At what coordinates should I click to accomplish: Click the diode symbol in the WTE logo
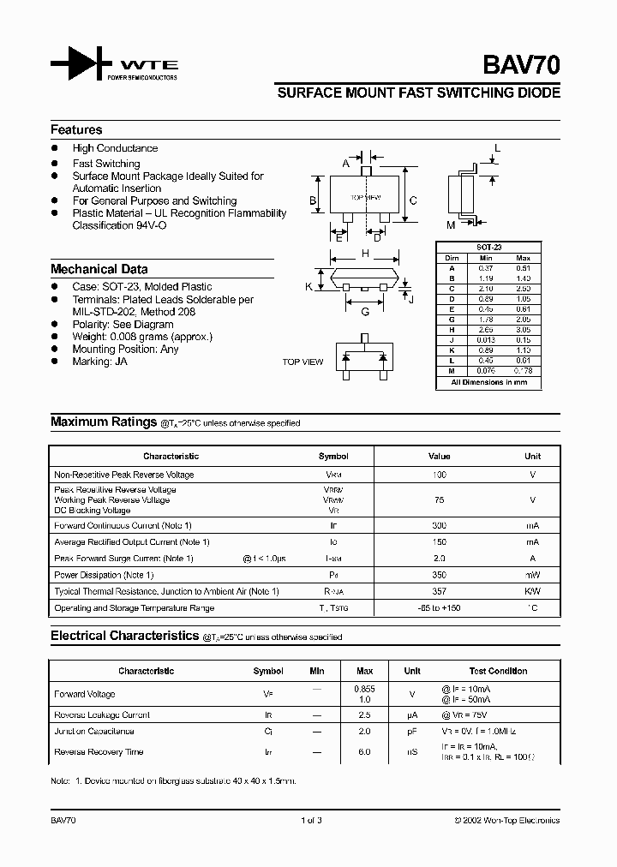point(81,64)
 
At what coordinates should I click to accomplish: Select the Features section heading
point(76,130)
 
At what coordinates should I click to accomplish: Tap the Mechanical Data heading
point(99,269)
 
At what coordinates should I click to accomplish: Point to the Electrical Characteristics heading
point(124,637)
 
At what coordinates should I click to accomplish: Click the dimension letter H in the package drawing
point(365,254)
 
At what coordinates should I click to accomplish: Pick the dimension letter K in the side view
point(308,286)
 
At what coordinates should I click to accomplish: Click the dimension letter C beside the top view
point(413,200)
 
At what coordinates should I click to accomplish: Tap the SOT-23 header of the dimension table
point(490,247)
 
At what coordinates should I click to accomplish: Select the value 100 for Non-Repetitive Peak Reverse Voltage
point(439,475)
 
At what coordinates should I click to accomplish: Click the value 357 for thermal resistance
point(439,591)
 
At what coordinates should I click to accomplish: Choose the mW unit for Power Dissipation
point(532,575)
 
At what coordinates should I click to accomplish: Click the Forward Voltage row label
point(84,694)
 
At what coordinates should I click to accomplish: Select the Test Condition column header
point(498,672)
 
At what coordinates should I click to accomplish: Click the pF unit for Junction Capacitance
point(412,732)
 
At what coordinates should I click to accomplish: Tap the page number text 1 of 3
point(311,821)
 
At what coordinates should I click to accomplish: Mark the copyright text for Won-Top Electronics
point(506,821)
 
